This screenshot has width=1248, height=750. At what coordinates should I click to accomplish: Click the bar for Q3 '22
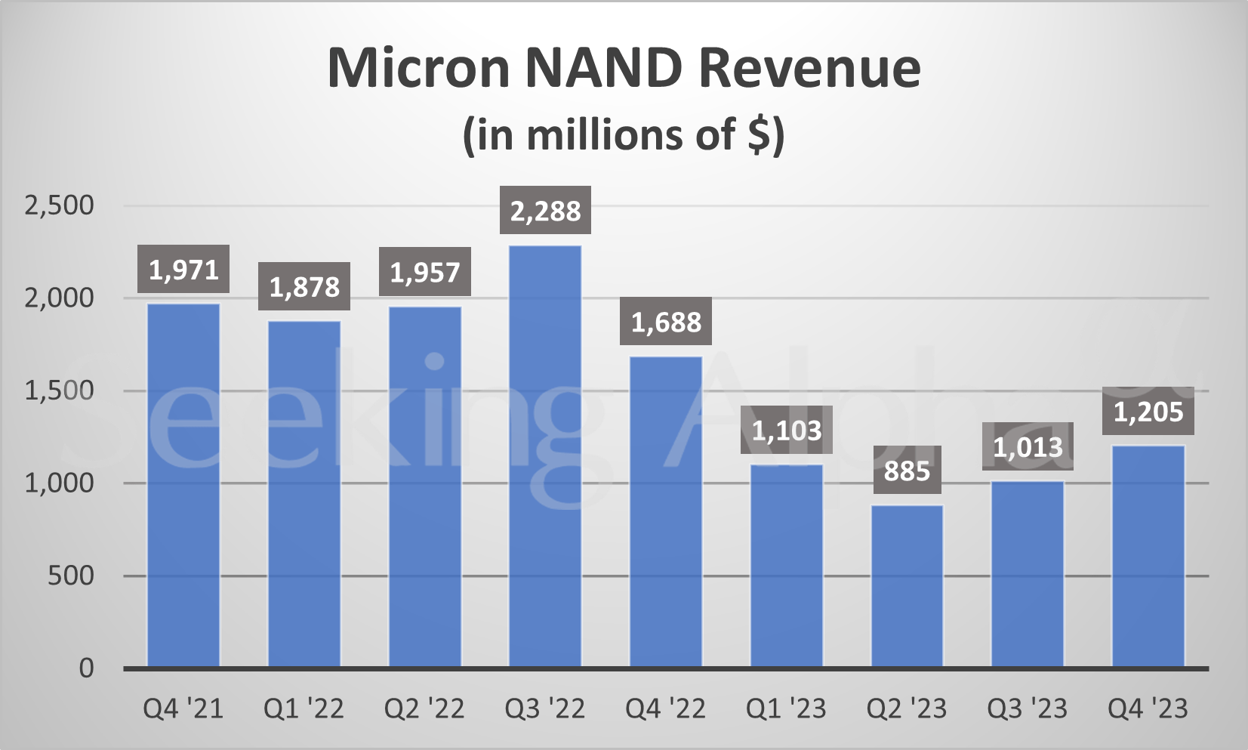click(x=545, y=456)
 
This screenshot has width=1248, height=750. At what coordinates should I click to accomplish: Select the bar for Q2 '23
click(x=907, y=586)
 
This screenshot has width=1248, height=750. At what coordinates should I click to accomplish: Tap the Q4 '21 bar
click(x=183, y=485)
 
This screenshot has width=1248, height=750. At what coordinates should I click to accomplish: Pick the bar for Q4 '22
click(x=666, y=512)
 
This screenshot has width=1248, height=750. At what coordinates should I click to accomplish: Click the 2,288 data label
click(x=545, y=211)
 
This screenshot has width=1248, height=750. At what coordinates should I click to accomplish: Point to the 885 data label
click(x=907, y=471)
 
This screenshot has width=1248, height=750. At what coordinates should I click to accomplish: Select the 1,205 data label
click(x=1148, y=412)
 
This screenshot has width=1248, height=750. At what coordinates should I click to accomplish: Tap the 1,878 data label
click(x=304, y=286)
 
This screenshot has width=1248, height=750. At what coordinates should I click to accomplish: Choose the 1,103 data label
click(x=786, y=431)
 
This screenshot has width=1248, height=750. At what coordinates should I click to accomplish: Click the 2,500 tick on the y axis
click(x=59, y=205)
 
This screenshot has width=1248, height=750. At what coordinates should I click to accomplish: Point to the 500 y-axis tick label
click(x=71, y=576)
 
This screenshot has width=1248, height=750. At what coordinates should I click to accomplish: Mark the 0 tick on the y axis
click(x=87, y=668)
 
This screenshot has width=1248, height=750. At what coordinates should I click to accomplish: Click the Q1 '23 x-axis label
click(x=786, y=708)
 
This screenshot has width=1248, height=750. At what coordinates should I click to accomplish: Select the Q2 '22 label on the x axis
click(x=424, y=708)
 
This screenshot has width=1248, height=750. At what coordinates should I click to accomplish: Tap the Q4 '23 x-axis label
click(x=1148, y=708)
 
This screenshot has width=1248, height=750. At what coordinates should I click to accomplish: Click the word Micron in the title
click(x=418, y=68)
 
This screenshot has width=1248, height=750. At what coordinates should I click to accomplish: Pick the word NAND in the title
click(x=602, y=68)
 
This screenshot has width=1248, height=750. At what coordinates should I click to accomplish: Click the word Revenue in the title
click(x=809, y=68)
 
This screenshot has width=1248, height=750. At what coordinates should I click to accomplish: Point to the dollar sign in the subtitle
click(x=758, y=134)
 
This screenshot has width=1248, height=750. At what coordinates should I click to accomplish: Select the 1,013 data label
click(x=1028, y=447)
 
